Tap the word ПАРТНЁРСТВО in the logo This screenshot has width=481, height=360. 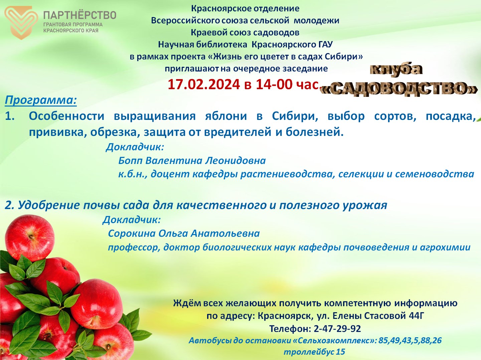[x=80, y=15]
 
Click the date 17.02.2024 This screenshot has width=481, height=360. [x=204, y=84]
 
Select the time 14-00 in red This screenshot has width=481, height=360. [x=274, y=84]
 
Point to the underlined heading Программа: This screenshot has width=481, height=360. [x=41, y=101]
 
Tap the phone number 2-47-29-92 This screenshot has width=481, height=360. [x=337, y=329]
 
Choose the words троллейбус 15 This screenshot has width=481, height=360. [x=314, y=352]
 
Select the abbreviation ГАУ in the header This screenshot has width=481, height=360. [x=325, y=45]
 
